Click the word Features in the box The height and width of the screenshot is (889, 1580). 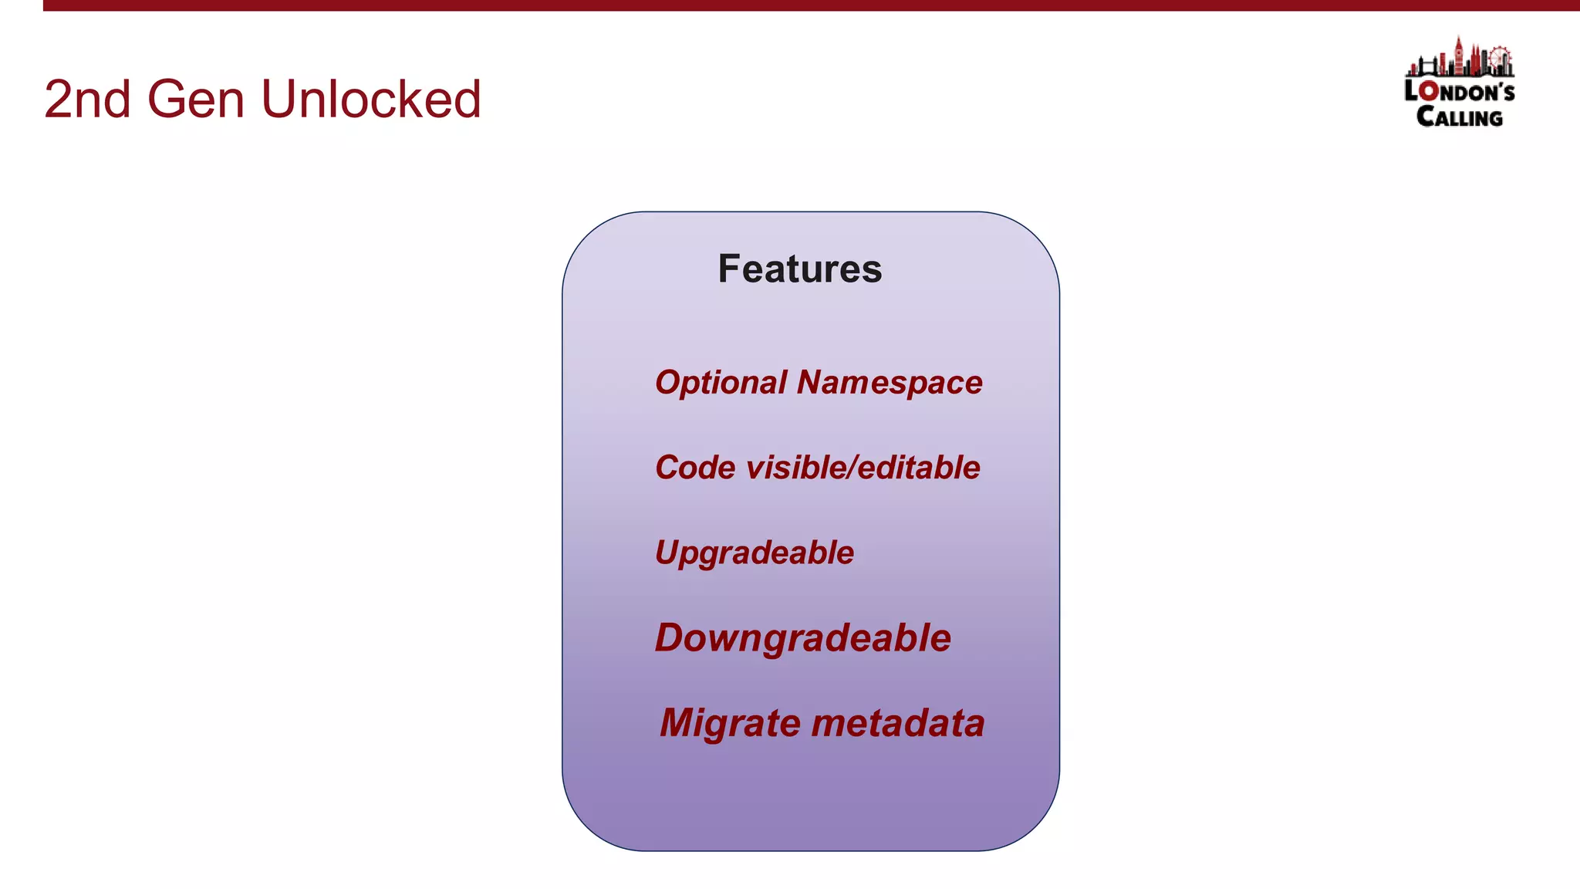click(799, 269)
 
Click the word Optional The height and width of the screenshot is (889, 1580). click(721, 383)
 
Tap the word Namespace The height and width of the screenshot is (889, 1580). click(890, 383)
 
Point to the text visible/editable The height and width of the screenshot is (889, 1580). click(863, 468)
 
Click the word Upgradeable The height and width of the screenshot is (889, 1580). click(754, 553)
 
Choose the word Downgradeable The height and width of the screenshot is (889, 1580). click(802, 638)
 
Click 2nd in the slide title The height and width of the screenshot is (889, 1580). click(86, 100)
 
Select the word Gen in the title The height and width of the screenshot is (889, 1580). click(195, 100)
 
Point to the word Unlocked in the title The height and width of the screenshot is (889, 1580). click(371, 100)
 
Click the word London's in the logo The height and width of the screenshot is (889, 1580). click(1459, 91)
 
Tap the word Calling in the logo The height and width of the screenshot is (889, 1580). click(1459, 117)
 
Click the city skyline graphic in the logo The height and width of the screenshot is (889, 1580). click(1458, 60)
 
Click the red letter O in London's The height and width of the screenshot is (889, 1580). click(1429, 91)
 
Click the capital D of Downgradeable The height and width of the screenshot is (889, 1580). click(671, 638)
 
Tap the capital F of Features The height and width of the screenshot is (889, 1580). click(729, 269)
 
